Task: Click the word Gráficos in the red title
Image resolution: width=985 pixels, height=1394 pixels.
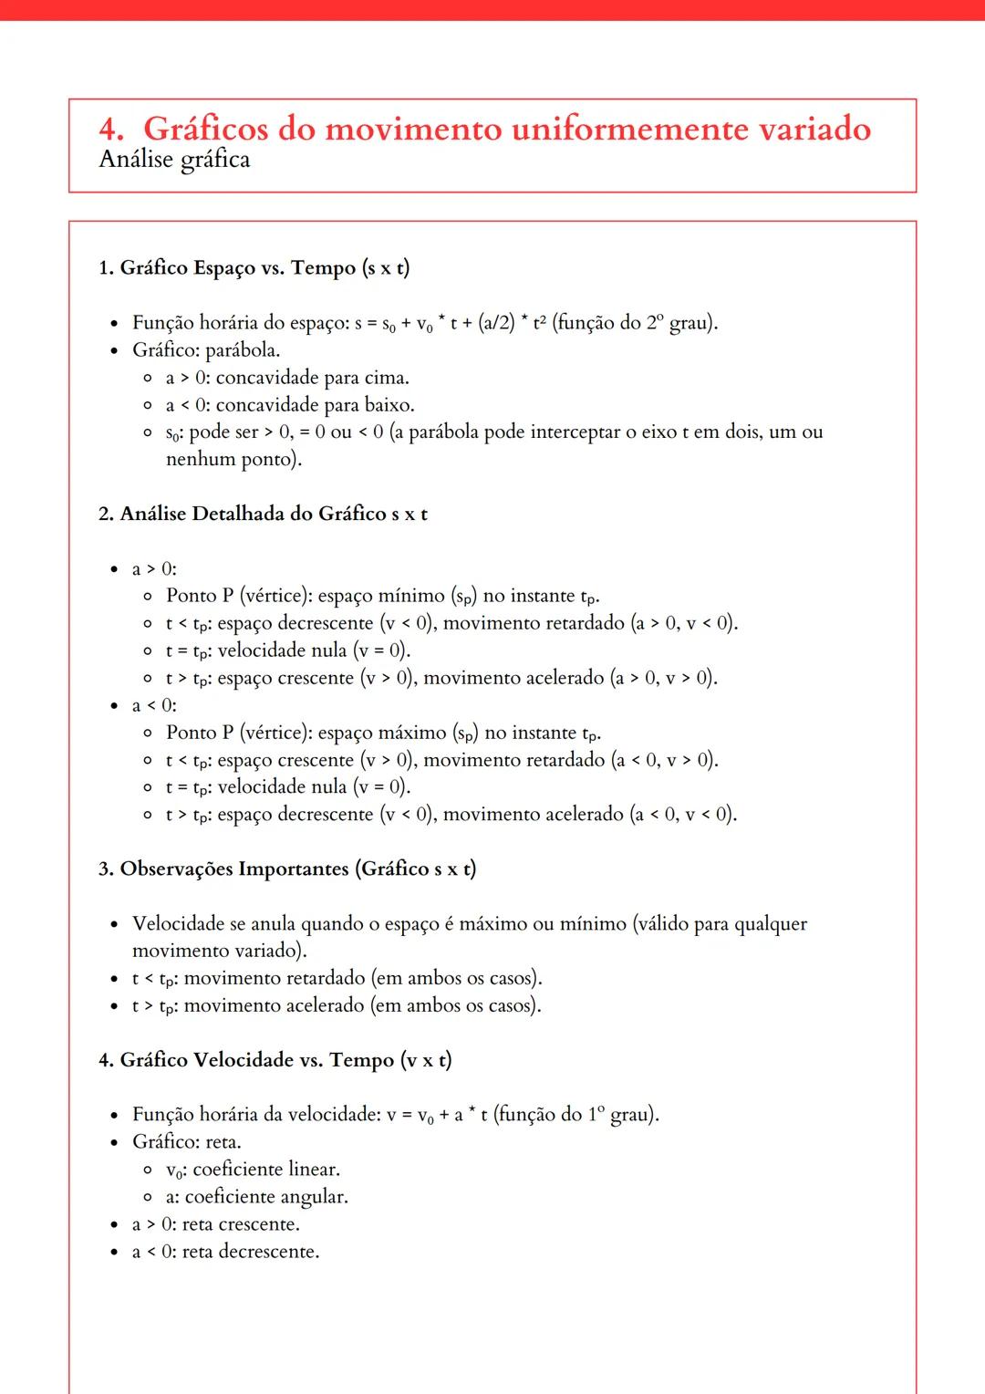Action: point(205,129)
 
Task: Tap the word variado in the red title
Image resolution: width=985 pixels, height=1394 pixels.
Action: point(814,129)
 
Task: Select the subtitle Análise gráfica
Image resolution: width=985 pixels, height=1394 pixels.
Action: point(174,160)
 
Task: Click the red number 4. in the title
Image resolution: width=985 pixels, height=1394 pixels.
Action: point(111,129)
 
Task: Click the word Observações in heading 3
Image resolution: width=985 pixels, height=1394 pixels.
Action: point(177,869)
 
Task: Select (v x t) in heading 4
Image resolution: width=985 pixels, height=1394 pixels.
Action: point(425,1060)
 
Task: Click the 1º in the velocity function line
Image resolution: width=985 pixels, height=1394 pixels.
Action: point(596,1115)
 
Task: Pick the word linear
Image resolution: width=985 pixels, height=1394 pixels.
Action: point(314,1170)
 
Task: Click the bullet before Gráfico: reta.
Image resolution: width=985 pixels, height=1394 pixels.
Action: point(114,1143)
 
